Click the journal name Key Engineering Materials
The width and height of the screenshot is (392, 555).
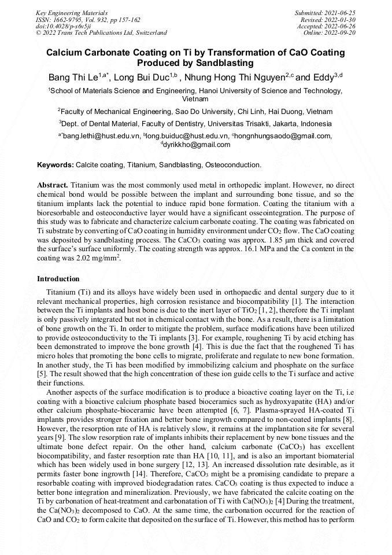pyautogui.click(x=71, y=12)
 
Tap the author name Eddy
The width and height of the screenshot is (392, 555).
pyautogui.click(x=327, y=78)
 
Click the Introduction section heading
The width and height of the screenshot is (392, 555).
pyautogui.click(x=58, y=279)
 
